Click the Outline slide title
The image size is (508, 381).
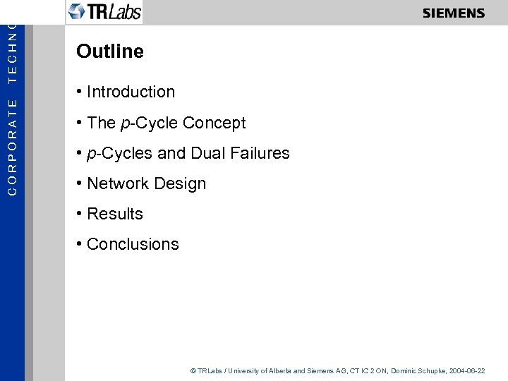[x=110, y=52]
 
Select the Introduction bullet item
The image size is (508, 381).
[x=131, y=92]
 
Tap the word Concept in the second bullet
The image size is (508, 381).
[x=214, y=123]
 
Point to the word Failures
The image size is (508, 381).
[x=260, y=153]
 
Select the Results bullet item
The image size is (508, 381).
[x=114, y=214]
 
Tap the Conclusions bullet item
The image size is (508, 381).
[x=133, y=244]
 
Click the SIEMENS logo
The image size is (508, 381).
[x=454, y=13]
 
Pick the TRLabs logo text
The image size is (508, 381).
[x=114, y=12]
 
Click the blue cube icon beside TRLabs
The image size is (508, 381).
[x=77, y=11]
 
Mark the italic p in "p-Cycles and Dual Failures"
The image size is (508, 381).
[x=91, y=154]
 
